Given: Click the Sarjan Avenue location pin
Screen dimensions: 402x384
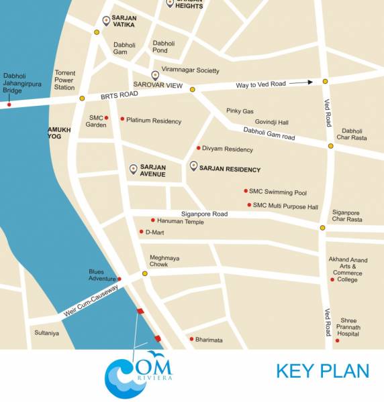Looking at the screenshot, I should tap(133, 169).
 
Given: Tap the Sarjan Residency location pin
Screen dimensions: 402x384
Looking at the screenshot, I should tap(194, 165).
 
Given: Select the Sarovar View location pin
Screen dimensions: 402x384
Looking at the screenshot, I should tap(155, 75).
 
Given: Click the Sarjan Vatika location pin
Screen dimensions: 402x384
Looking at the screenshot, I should tap(105, 21).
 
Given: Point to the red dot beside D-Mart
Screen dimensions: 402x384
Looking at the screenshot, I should tap(141, 232).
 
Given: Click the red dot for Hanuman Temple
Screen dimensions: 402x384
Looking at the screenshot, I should tap(153, 220).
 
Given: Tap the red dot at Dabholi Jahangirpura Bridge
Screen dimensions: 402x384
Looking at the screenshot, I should tap(9, 104).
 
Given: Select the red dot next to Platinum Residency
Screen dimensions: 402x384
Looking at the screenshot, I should tap(122, 119).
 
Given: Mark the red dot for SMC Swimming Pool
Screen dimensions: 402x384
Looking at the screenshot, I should tap(246, 190).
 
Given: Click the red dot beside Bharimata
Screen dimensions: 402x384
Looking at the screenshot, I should tap(191, 339).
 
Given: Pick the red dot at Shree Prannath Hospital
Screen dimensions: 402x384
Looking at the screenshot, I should tap(338, 340).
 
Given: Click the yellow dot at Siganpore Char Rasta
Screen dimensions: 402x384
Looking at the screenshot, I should tap(322, 228).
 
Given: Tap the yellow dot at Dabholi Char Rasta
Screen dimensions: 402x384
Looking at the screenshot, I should tap(330, 145).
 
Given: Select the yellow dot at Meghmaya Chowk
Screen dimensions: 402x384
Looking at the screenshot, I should tap(144, 273).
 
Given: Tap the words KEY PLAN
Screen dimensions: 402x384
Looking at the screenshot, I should tap(322, 371).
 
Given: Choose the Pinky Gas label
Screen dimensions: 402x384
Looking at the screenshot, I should tap(240, 111).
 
